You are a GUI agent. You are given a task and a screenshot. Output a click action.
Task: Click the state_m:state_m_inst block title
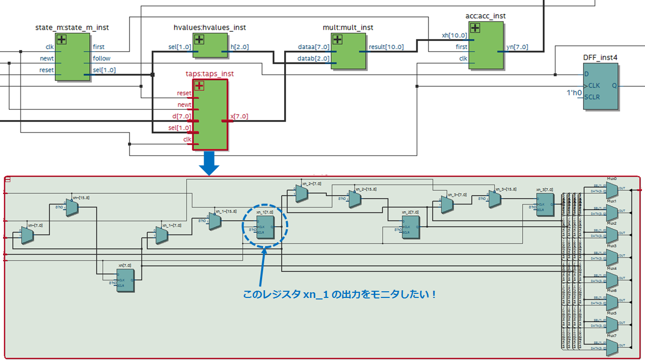[72, 27]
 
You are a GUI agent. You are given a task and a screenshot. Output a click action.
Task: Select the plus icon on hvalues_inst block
[199, 39]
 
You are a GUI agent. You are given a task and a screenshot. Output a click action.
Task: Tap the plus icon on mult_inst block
[337, 39]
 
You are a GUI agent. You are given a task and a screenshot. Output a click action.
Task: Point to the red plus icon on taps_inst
[199, 86]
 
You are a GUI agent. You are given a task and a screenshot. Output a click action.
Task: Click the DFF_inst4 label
[600, 57]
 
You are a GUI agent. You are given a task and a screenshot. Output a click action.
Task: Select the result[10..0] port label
[386, 47]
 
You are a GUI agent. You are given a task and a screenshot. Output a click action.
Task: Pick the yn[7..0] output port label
[517, 47]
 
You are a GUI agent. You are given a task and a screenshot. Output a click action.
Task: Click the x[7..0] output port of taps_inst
[239, 116]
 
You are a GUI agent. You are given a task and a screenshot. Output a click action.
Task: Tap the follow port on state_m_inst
[101, 58]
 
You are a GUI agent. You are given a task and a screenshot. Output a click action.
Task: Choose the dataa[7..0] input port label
[313, 47]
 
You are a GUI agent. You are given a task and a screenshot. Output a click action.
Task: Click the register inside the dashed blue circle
[265, 227]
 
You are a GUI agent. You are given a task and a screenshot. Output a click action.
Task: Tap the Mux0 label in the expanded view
[611, 179]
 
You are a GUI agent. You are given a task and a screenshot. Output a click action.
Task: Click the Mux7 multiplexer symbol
[612, 347]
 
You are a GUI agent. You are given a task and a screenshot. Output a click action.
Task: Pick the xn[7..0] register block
[125, 280]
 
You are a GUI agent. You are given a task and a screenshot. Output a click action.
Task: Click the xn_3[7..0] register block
[545, 204]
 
